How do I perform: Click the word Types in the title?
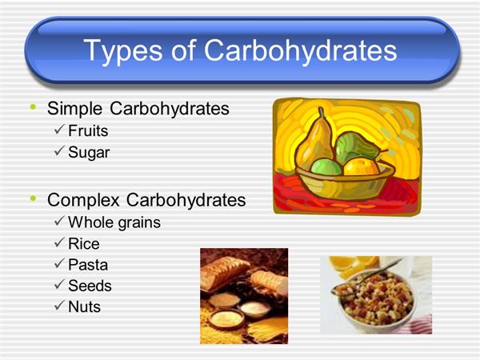coord(122,51)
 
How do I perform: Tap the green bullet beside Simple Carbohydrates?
coord(33,107)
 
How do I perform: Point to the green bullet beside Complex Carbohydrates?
coord(33,199)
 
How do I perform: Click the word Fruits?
coord(88,130)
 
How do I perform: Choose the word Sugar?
coord(89,153)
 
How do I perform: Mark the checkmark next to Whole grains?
coord(59,221)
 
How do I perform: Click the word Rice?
coord(84,244)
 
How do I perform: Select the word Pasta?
coord(88,265)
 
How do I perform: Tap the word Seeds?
coord(90,286)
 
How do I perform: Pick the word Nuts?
coord(85,306)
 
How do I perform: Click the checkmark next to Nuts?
coord(59,306)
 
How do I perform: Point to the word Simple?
coord(74,109)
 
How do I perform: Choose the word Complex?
coord(83,200)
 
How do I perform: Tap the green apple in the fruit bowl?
coord(326,167)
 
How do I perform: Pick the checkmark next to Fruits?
coord(59,129)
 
